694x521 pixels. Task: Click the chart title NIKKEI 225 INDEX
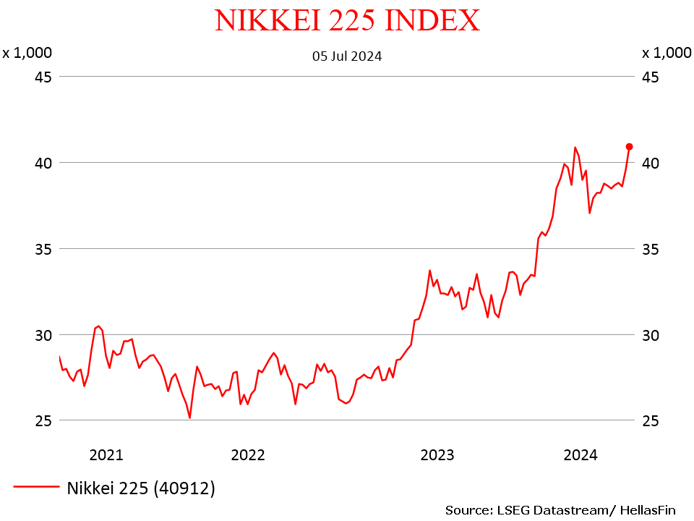347,20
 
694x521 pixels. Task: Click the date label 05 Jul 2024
347,56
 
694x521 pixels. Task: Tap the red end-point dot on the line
629,146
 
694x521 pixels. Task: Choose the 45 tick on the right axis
651,77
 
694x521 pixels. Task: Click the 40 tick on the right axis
651,163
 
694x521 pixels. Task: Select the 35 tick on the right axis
651,249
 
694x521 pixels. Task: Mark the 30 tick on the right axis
651,335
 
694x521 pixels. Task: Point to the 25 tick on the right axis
651,421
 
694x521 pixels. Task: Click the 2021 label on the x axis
106,455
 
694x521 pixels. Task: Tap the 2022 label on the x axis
248,455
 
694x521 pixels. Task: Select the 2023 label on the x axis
437,455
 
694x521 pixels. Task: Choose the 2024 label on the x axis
580,455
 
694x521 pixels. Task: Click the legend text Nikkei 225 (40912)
141,488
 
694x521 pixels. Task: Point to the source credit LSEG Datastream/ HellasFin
560,510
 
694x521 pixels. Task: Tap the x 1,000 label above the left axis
27,53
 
